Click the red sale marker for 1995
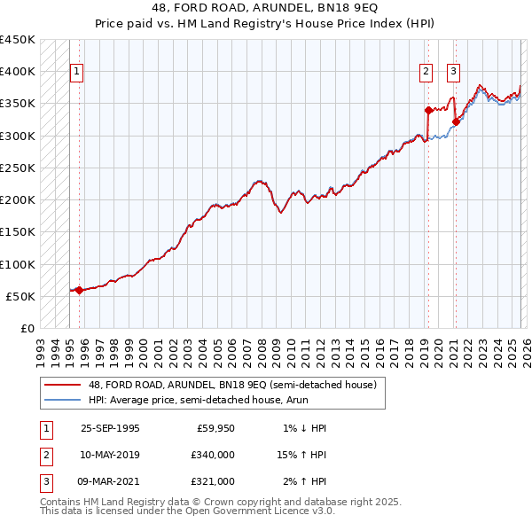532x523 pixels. pos(79,290)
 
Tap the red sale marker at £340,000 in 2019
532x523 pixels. pos(428,110)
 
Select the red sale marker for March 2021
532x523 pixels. pos(456,122)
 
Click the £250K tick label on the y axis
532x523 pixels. pos(17,168)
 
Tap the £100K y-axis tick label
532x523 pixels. pos(17,264)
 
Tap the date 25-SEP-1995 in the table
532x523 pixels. pos(110,428)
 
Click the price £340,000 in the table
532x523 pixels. pos(213,455)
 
